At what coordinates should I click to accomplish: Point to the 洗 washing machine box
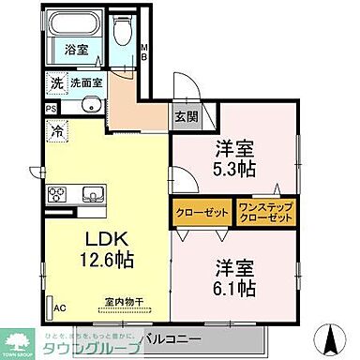pos(56,83)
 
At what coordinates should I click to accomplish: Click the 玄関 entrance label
pos(186,117)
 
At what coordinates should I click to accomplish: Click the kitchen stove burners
pos(56,195)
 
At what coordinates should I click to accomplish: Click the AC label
pos(59,307)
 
